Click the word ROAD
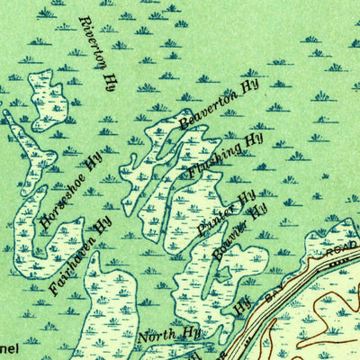338,253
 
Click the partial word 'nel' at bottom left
11,346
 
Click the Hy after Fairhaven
88,220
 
